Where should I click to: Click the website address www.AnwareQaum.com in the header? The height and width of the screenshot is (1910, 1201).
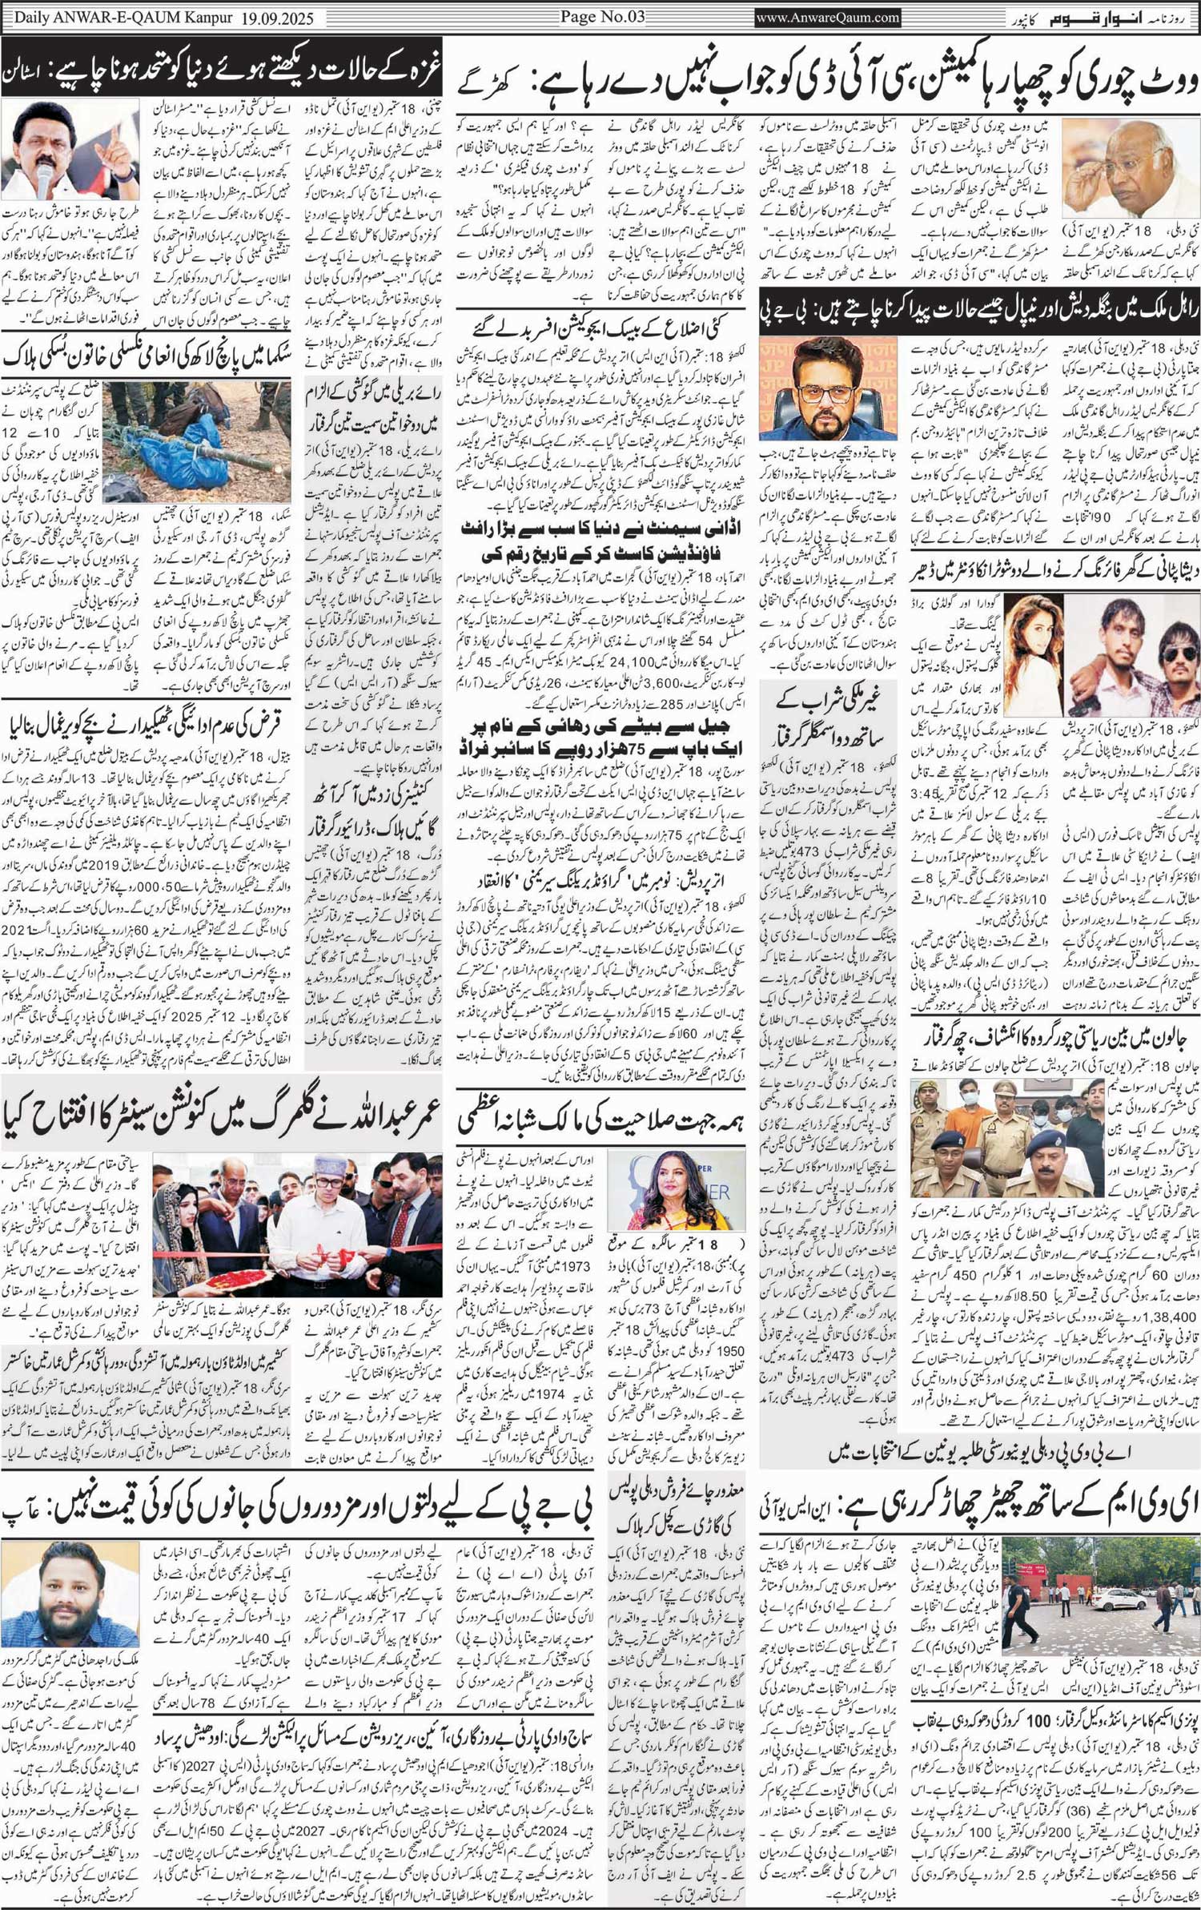point(828,17)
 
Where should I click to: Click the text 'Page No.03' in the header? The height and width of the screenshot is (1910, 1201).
point(601,16)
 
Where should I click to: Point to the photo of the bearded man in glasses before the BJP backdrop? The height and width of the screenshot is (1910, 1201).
point(828,388)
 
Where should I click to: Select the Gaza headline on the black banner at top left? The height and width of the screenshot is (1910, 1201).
point(220,78)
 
